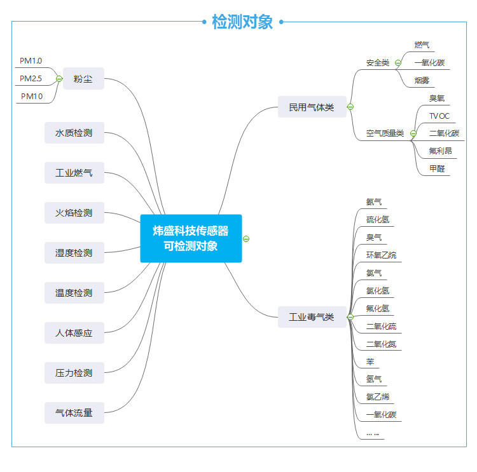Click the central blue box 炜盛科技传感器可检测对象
pos(191,238)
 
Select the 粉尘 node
pos(83,78)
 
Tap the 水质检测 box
pos(74,133)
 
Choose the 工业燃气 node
pos(74,173)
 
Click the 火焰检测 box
pos(74,213)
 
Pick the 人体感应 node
pos(74,333)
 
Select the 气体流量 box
pos(74,413)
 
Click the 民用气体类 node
pos(312,107)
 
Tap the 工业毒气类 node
pos(312,317)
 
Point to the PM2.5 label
pos(31,78)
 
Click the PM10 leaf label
pos(32,96)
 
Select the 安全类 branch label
pos(378,63)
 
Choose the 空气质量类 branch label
pos(385,133)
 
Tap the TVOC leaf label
pos(439,116)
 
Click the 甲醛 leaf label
pos(437,168)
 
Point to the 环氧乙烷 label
pos(381,255)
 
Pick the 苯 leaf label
pos(370,361)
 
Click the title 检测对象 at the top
pos(242,22)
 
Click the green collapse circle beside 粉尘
pos(59,79)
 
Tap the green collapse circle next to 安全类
pos(398,63)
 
